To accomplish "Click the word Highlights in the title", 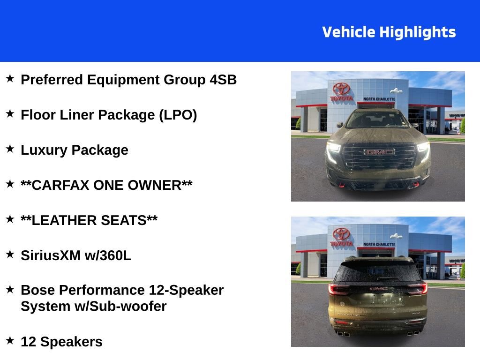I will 417,32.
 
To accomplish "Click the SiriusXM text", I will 51,255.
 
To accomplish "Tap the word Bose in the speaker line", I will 36,290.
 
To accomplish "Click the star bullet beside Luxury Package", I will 10,149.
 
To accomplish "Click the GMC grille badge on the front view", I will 380,152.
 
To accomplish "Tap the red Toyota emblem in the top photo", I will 342,89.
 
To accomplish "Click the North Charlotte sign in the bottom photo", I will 379,244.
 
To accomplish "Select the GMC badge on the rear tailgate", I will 378,289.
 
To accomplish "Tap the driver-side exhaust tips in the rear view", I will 343,333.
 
